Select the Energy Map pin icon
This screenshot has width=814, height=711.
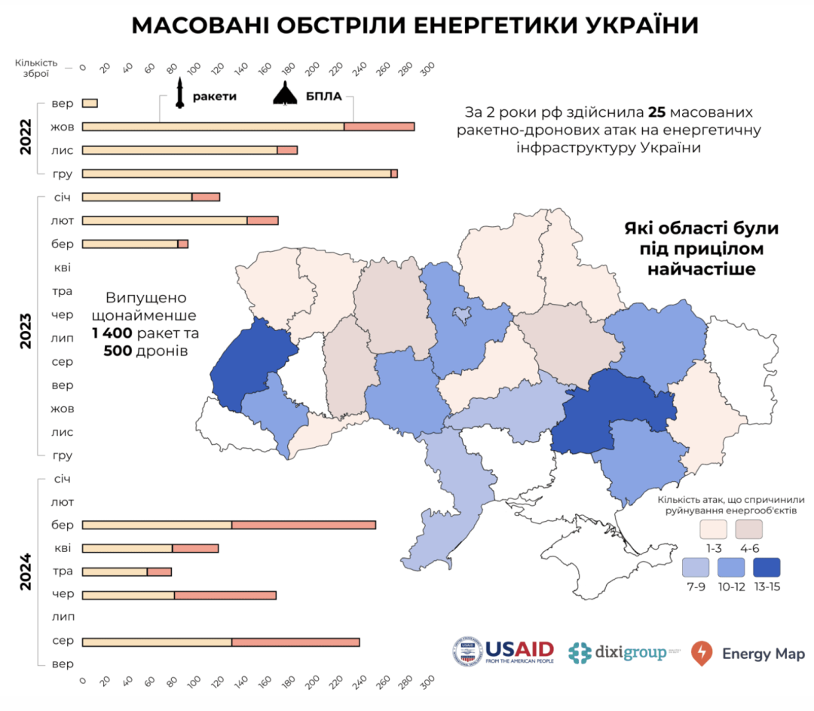(x=702, y=652)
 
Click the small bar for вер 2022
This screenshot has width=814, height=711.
(x=90, y=103)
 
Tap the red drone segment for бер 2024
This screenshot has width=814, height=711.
(x=304, y=525)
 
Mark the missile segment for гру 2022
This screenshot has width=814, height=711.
(x=236, y=173)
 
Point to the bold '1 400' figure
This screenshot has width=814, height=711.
(x=112, y=333)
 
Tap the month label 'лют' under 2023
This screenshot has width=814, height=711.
(x=62, y=220)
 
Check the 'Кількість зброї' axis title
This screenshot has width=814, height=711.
(x=35, y=68)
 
